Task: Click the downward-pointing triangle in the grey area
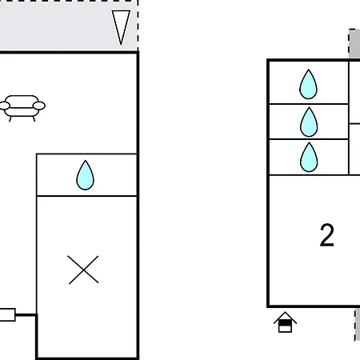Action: (x=121, y=26)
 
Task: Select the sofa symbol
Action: (x=22, y=108)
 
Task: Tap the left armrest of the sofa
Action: (x=4, y=106)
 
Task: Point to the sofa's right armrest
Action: (x=39, y=106)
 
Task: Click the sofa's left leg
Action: (x=10, y=119)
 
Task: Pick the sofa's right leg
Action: (x=34, y=119)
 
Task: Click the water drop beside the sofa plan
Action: (x=85, y=175)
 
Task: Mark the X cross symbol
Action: (x=83, y=270)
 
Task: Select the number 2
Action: (x=327, y=235)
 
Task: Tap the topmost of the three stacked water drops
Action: (x=308, y=84)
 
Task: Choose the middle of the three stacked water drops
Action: (x=309, y=122)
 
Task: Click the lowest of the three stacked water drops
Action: (x=309, y=157)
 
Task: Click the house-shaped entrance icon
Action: (x=285, y=322)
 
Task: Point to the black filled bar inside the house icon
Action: (x=285, y=323)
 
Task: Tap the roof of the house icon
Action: (x=285, y=316)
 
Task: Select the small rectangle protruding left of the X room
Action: (x=7, y=314)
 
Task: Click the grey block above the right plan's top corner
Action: (x=354, y=43)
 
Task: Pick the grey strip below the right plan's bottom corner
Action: (x=358, y=325)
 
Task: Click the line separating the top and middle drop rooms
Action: (x=309, y=103)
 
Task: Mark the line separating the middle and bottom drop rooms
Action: (x=309, y=139)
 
